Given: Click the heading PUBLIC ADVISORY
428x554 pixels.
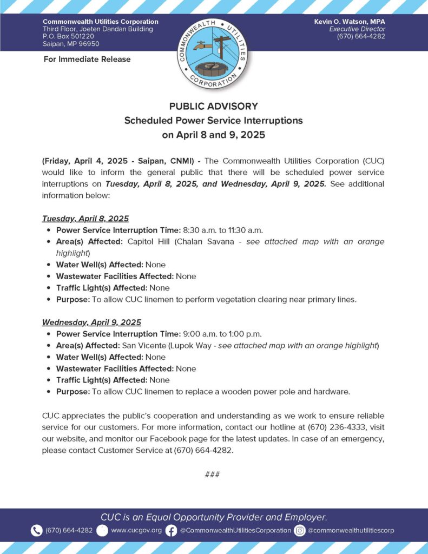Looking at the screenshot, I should tap(214, 107).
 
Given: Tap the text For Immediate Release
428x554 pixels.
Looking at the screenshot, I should tap(87, 59).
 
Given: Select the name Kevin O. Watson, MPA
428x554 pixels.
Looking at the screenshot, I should tap(350, 21).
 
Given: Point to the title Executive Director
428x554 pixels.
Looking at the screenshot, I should tap(357, 29).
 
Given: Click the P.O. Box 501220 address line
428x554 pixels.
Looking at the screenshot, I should tap(68, 36).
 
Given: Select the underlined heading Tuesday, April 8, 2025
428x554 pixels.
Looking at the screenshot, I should tap(85, 219).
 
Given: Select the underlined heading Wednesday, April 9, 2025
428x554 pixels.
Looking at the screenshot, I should tap(91, 322).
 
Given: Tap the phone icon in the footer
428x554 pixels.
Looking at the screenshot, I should tap(37, 531).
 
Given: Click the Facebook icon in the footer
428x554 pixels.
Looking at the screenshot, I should tap(171, 531).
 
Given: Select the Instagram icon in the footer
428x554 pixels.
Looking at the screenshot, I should tap(300, 531).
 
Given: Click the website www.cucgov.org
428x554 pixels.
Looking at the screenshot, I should tap(136, 531).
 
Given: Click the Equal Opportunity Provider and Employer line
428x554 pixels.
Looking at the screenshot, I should tap(214, 517).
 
